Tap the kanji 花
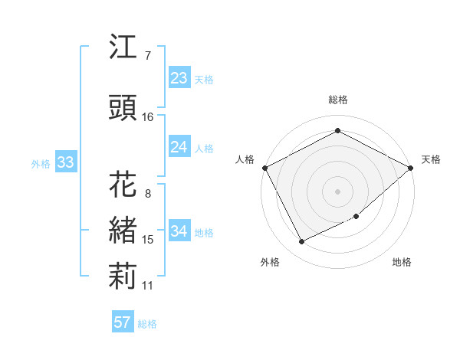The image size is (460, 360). [123, 185]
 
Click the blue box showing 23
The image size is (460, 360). [179, 78]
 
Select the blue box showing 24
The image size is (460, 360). [179, 147]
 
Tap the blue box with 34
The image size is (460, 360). [179, 231]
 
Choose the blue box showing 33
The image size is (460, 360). [65, 162]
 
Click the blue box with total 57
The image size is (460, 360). [122, 322]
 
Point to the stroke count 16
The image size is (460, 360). [147, 117]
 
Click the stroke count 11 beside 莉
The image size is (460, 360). [147, 286]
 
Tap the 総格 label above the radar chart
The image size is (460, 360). [337, 100]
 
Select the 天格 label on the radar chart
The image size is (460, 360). [431, 159]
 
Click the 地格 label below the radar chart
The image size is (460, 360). [402, 263]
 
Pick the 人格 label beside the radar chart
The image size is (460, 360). [245, 159]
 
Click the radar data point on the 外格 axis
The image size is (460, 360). [301, 242]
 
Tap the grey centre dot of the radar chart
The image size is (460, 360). [337, 191]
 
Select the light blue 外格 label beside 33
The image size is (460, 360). [41, 163]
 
